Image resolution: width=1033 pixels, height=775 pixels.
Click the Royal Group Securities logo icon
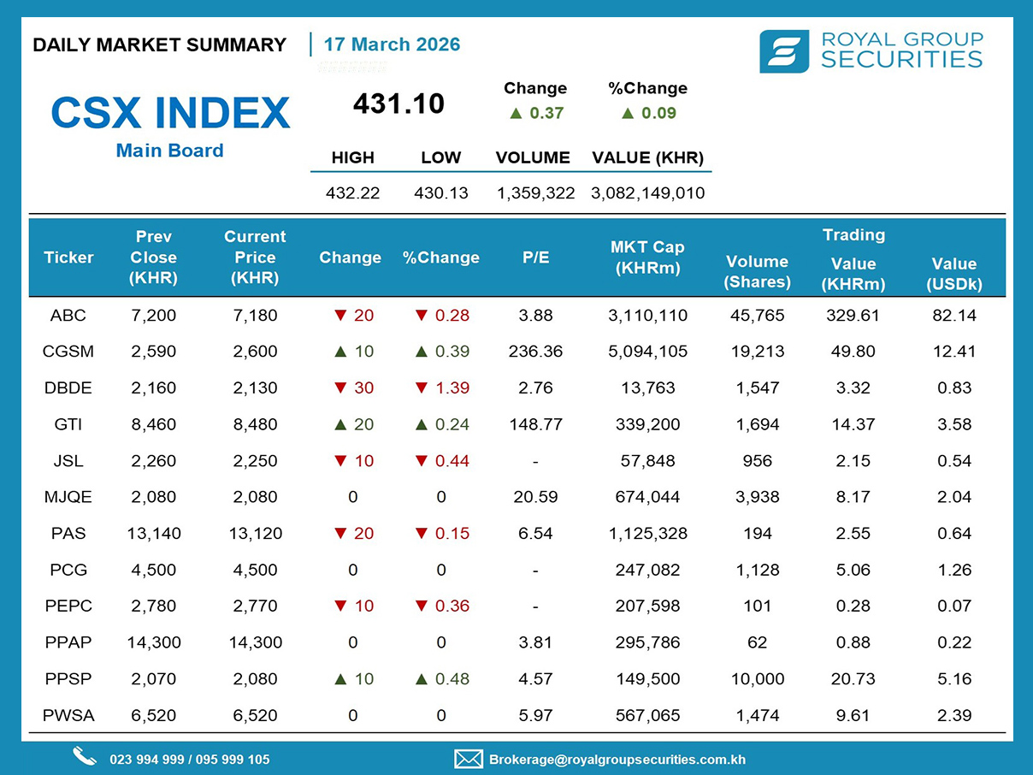pyautogui.click(x=783, y=51)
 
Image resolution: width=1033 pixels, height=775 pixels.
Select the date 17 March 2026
pyautogui.click(x=392, y=44)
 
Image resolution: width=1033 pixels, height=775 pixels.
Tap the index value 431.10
pyautogui.click(x=398, y=104)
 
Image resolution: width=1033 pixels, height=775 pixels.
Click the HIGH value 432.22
pyautogui.click(x=352, y=192)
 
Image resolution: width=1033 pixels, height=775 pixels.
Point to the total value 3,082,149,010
pyautogui.click(x=647, y=192)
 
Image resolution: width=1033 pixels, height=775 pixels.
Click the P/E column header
pyautogui.click(x=535, y=257)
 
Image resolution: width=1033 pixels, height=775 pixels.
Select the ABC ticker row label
pyautogui.click(x=68, y=315)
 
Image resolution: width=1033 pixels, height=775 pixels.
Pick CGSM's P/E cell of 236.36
pyautogui.click(x=535, y=352)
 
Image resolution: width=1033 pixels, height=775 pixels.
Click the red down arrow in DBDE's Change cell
pyautogui.click(x=340, y=387)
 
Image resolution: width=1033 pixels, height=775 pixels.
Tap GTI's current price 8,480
pyautogui.click(x=255, y=424)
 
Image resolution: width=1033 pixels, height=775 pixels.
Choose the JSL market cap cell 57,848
pyautogui.click(x=647, y=461)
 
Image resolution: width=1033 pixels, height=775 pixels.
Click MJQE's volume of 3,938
pyautogui.click(x=757, y=497)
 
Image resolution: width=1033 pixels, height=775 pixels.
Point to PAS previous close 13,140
pyautogui.click(x=154, y=534)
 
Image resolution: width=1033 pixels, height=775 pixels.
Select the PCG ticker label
pyautogui.click(x=68, y=570)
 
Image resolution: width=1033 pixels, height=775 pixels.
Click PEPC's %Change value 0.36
pyautogui.click(x=452, y=606)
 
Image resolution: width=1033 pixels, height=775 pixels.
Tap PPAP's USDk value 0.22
pyautogui.click(x=954, y=642)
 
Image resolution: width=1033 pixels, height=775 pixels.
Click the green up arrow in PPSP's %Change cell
pyautogui.click(x=422, y=678)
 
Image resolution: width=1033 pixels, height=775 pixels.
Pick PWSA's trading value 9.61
pyautogui.click(x=853, y=715)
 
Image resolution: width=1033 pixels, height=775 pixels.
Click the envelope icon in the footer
pyautogui.click(x=469, y=759)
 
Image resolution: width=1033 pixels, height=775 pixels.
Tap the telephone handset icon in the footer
pyautogui.click(x=84, y=757)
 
